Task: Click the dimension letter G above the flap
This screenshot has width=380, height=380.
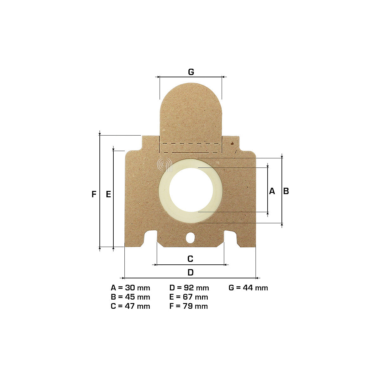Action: click(191, 72)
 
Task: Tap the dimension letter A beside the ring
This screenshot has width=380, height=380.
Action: click(272, 191)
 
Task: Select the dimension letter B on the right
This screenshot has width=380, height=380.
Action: click(286, 191)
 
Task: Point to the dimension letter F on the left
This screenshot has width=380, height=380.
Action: click(94, 194)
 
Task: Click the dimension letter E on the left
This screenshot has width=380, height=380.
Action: click(108, 194)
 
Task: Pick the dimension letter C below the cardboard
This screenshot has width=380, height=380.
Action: click(190, 259)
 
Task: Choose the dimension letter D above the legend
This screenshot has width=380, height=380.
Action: click(191, 273)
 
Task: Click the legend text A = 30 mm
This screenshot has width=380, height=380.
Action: click(130, 288)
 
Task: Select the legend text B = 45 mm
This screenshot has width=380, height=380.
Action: click(130, 297)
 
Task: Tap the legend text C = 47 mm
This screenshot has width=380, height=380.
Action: click(130, 306)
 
